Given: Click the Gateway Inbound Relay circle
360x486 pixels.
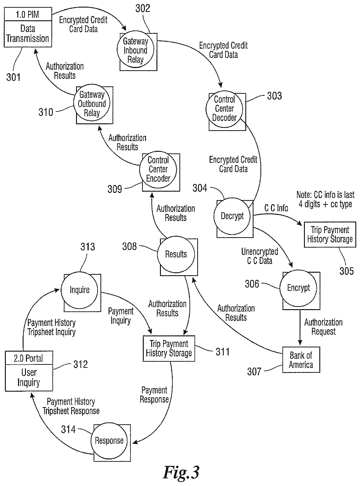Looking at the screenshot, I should pyautogui.click(x=135, y=51).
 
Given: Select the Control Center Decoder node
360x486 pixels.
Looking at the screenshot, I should pyautogui.click(x=224, y=109).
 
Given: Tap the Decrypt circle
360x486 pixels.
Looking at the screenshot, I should pyautogui.click(x=232, y=216).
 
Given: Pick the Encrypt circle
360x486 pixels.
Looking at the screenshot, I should pyautogui.click(x=298, y=288).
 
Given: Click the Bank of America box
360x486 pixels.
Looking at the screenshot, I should pyautogui.click(x=301, y=360).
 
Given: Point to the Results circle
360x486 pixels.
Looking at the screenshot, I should pyautogui.click(x=176, y=254).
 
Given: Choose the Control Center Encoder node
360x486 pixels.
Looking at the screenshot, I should pyautogui.click(x=158, y=169).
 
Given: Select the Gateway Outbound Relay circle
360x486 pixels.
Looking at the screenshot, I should pyautogui.click(x=92, y=104).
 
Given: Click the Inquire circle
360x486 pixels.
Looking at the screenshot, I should pyautogui.click(x=80, y=290).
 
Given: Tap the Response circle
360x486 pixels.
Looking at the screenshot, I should pyautogui.click(x=109, y=441).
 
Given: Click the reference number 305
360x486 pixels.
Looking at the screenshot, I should pyautogui.click(x=346, y=271).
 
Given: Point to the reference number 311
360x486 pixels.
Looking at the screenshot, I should pyautogui.click(x=222, y=352).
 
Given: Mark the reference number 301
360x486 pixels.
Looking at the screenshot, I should pyautogui.click(x=13, y=77).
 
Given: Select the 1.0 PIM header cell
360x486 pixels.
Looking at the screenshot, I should pyautogui.click(x=28, y=15).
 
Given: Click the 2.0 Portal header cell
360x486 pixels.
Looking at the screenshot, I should pyautogui.click(x=29, y=359).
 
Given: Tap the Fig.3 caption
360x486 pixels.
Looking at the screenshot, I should pyautogui.click(x=181, y=472).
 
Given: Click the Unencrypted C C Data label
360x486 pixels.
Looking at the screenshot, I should pyautogui.click(x=260, y=256).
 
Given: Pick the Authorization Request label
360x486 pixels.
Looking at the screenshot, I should pyautogui.click(x=323, y=327).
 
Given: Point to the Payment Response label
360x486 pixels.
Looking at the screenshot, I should pyautogui.click(x=154, y=395).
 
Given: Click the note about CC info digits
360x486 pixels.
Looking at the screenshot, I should pyautogui.click(x=325, y=199).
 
